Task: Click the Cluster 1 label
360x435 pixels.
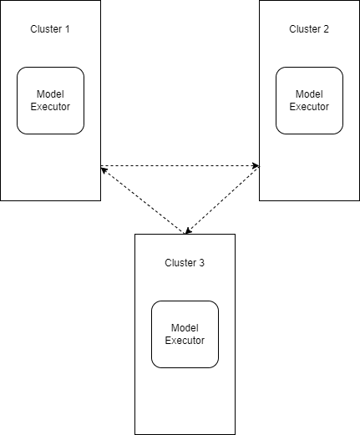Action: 50,29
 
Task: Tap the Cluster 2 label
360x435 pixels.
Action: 309,29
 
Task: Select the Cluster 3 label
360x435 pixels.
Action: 185,263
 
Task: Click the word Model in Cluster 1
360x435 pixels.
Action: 50,94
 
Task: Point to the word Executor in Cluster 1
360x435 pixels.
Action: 50,107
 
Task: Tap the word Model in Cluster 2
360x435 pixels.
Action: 309,94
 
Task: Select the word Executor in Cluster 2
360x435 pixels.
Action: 309,107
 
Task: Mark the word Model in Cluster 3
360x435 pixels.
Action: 185,328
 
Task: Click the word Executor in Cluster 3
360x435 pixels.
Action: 185,341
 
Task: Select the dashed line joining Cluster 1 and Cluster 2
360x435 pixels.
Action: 180,166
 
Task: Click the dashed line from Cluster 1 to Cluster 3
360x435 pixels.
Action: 142,200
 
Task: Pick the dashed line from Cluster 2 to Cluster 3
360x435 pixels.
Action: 222,200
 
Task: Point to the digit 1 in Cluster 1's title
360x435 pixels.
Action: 68,29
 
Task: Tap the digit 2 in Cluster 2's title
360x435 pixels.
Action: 327,29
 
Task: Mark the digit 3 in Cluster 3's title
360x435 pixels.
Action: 202,263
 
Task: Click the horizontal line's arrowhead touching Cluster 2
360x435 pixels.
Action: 255,166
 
